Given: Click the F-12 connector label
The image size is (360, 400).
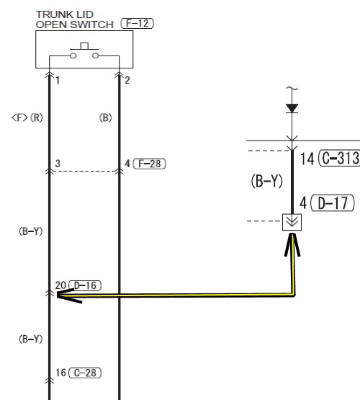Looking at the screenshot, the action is pyautogui.click(x=138, y=24).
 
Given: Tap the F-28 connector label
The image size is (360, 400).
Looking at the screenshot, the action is pyautogui.click(x=150, y=164).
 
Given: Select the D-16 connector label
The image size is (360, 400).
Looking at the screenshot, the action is pyautogui.click(x=85, y=285).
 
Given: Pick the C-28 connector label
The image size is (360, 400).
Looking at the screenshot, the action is pyautogui.click(x=85, y=373).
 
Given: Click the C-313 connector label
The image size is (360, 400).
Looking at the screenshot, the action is pyautogui.click(x=340, y=159).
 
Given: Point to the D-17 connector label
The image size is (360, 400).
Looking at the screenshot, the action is pyautogui.click(x=333, y=203).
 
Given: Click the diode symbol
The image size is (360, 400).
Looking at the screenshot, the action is pyautogui.click(x=292, y=108).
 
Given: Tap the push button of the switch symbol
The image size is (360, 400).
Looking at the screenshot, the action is pyautogui.click(x=84, y=46).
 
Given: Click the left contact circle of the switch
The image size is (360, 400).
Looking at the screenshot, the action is pyautogui.click(x=73, y=55).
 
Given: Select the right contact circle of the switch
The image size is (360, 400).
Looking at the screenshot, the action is pyautogui.click(x=95, y=55).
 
